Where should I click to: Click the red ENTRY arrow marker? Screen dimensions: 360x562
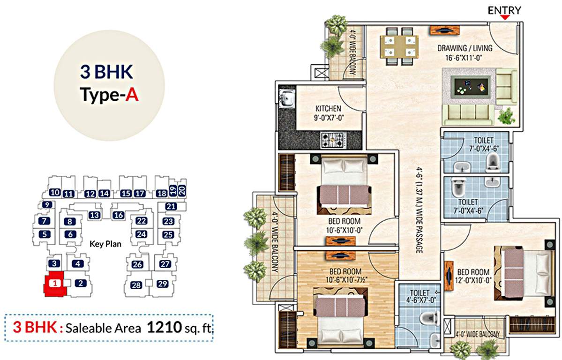tap(505, 17)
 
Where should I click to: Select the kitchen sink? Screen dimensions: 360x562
tap(286, 99)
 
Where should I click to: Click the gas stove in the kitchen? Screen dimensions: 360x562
tap(332, 139)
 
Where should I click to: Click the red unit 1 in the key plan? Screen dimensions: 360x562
tap(55, 283)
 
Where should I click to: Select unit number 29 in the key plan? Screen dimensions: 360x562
tap(162, 284)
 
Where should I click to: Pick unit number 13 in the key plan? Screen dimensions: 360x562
tap(94, 215)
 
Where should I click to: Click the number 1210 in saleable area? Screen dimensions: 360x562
tap(164, 327)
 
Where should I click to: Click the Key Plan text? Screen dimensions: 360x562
tap(105, 244)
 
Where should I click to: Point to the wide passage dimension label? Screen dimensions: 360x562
tap(419, 210)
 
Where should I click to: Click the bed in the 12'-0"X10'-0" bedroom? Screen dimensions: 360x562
tap(521, 271)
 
